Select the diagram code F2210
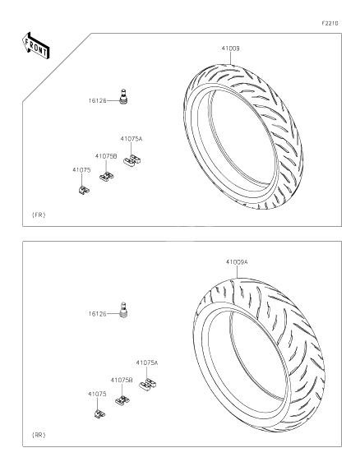[x=330, y=23]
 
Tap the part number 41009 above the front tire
[x=230, y=48]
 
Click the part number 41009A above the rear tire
[x=237, y=262]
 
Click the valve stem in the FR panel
[x=126, y=97]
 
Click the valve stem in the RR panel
[x=126, y=311]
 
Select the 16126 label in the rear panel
[x=98, y=314]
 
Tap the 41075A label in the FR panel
[x=132, y=139]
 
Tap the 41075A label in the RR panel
[x=147, y=362]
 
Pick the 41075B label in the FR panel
[x=105, y=155]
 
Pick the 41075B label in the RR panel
[x=122, y=380]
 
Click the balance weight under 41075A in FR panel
[x=130, y=161]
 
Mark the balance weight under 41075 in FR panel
[x=83, y=190]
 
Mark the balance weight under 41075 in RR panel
[x=99, y=413]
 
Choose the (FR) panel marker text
[x=39, y=215]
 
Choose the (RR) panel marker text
[x=39, y=433]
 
